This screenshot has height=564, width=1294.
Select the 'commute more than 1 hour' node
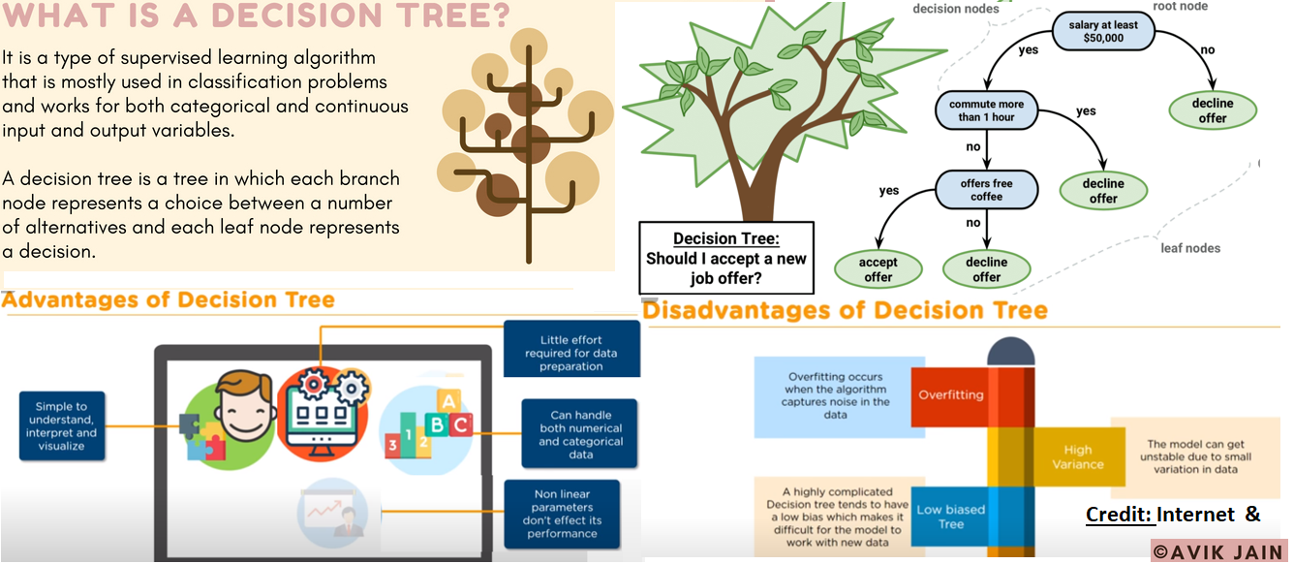click(x=985, y=110)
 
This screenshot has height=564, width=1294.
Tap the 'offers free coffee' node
click(x=986, y=189)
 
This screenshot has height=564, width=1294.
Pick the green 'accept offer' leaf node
click(x=878, y=268)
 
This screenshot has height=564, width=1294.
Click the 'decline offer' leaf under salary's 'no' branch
click(x=1212, y=110)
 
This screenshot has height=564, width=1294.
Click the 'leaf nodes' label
click(x=1190, y=248)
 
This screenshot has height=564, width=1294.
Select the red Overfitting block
click(x=950, y=394)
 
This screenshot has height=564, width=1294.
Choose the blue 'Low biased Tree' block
click(x=950, y=517)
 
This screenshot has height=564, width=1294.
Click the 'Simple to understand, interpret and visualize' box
click(x=61, y=426)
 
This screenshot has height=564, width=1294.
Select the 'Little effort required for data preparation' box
click(x=571, y=353)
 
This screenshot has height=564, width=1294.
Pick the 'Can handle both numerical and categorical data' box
click(x=580, y=434)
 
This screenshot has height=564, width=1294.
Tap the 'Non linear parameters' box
click(x=563, y=514)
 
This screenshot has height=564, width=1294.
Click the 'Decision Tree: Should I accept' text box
click(x=726, y=258)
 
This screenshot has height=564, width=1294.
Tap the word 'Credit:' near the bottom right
click(x=1118, y=515)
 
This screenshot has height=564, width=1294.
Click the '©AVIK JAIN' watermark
click(x=1217, y=551)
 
